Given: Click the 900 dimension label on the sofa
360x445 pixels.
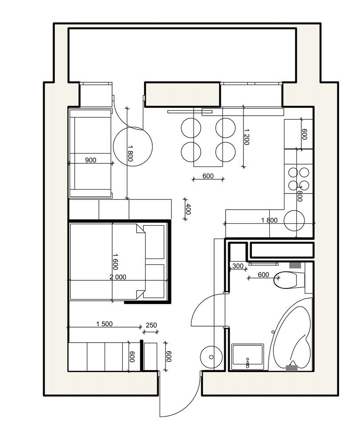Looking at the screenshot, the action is (x=90, y=160).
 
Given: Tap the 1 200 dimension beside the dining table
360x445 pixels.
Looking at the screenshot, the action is (x=246, y=137).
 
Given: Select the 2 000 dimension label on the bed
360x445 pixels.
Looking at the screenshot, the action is (x=118, y=277).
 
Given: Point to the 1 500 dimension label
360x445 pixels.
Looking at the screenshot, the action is (x=105, y=324).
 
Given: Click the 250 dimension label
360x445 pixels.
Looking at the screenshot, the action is (x=151, y=325).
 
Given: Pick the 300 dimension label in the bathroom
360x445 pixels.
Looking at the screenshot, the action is (x=238, y=266).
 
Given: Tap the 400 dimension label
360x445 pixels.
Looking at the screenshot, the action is (x=189, y=210).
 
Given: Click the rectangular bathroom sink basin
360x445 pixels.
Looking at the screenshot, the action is (x=248, y=357).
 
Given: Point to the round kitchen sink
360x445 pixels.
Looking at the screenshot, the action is (x=294, y=221).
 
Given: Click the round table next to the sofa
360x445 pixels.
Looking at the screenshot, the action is (x=133, y=146).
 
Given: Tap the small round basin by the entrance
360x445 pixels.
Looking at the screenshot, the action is (x=211, y=357).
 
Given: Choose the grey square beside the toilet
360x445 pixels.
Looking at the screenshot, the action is (x=295, y=265).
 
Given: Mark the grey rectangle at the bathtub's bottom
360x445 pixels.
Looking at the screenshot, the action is (x=291, y=368).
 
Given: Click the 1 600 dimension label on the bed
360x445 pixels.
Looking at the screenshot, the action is (x=115, y=262).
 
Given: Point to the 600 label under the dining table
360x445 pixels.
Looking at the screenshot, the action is (x=208, y=176).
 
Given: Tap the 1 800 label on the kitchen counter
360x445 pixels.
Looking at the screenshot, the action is (x=269, y=220).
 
